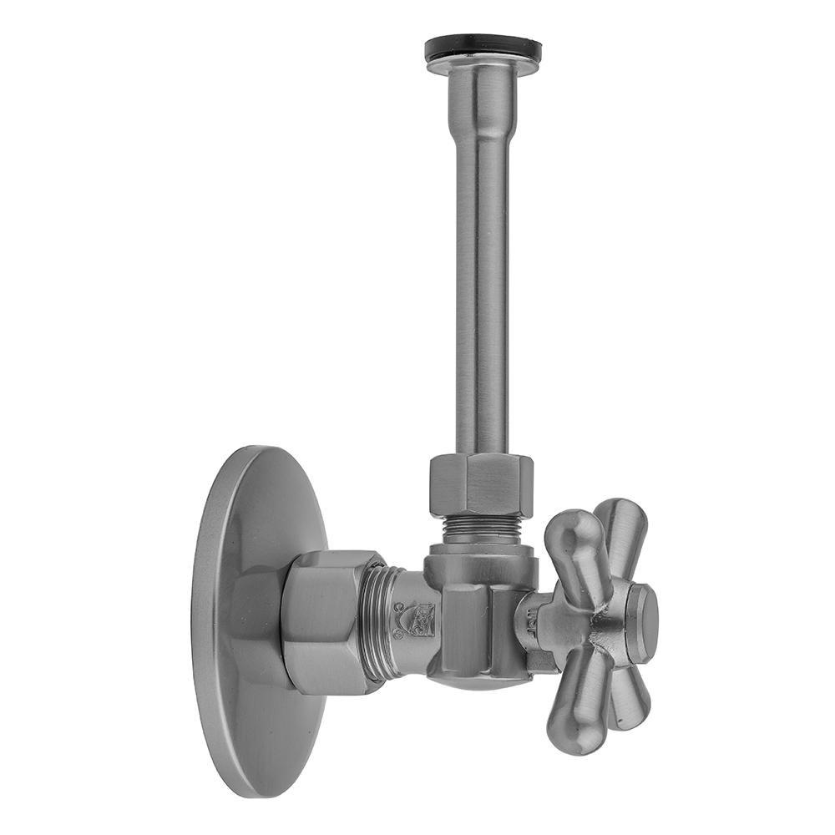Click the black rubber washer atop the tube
click(x=482, y=47)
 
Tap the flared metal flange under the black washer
click(x=482, y=67)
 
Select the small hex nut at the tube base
click(x=481, y=484)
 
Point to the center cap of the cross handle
click(x=641, y=622)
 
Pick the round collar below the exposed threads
click(x=480, y=551)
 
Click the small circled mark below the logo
click(x=398, y=635)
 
